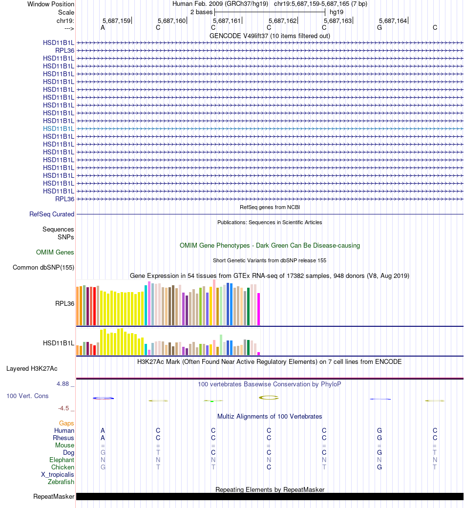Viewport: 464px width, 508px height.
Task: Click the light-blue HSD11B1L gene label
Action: (x=59, y=128)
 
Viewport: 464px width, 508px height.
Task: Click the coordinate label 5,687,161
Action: (x=227, y=21)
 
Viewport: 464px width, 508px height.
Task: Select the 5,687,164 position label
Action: (x=393, y=21)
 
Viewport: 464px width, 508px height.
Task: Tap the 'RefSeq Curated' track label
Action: (x=52, y=214)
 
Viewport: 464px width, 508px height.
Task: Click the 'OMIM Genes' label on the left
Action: (x=55, y=253)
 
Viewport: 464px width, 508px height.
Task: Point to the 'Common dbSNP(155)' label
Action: (x=43, y=267)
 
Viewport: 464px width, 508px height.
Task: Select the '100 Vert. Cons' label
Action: (x=27, y=396)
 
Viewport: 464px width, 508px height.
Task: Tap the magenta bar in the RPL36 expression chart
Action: (x=259, y=309)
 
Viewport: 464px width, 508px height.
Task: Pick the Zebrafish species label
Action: (x=61, y=482)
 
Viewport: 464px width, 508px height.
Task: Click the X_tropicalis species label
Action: (x=58, y=475)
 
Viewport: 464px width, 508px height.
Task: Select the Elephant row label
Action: (x=62, y=460)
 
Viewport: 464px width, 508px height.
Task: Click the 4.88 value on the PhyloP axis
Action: (x=63, y=384)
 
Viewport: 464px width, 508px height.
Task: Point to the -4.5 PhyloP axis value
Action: (x=64, y=408)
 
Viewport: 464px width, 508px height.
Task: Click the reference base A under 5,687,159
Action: (x=103, y=28)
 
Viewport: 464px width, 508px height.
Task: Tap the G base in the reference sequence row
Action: (x=380, y=28)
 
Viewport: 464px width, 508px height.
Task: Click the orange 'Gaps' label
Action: (x=66, y=423)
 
